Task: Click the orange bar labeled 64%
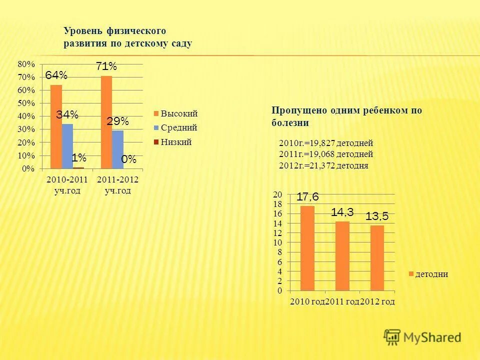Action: click(x=56, y=126)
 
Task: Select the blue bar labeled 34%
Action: click(x=67, y=146)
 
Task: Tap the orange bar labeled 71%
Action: click(x=106, y=122)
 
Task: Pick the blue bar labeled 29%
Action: click(x=118, y=149)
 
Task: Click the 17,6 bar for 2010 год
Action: click(x=307, y=248)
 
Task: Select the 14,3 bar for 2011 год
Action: click(x=342, y=256)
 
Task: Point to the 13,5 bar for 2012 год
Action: click(x=377, y=258)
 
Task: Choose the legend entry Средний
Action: click(x=178, y=128)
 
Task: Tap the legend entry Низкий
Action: click(x=176, y=142)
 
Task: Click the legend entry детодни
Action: click(x=431, y=274)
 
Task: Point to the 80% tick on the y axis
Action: click(x=26, y=64)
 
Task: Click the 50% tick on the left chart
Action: click(x=26, y=103)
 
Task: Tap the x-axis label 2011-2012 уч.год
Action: click(x=118, y=185)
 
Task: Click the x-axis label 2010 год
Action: click(x=307, y=301)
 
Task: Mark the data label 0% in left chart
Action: click(x=128, y=159)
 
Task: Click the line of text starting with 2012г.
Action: click(x=323, y=166)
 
